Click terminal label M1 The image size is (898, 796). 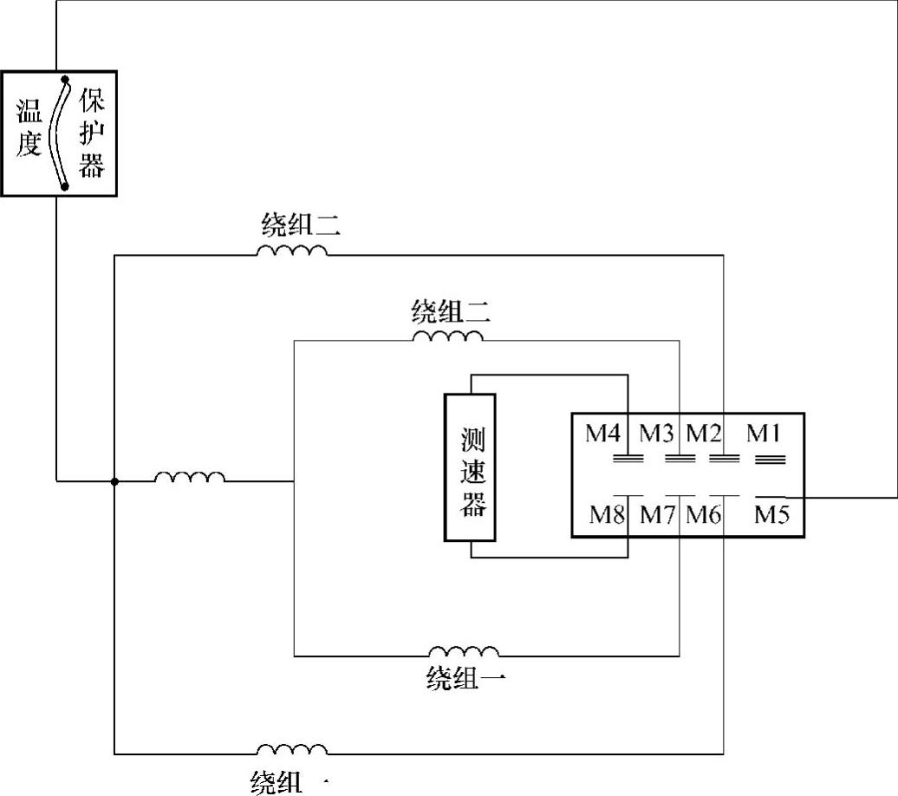click(764, 433)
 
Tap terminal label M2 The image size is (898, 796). click(704, 433)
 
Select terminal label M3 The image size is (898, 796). click(657, 433)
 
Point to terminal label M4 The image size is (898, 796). click(605, 433)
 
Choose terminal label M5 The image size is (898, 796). click(771, 515)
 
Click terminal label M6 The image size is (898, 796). click(703, 515)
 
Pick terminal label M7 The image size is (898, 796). click(657, 515)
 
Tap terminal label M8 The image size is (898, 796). click(608, 515)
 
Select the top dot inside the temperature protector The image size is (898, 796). click(65, 80)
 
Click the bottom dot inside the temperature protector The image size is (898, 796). click(65, 185)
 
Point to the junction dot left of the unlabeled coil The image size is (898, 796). click(114, 480)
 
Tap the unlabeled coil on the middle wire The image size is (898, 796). click(190, 477)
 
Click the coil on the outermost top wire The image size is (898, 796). click(292, 251)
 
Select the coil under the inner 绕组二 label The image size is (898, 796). click(447, 336)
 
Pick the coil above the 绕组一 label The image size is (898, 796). click(465, 651)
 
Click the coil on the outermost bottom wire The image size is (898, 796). click(292, 749)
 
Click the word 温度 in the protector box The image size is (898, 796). click(29, 127)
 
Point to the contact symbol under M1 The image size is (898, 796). click(765, 460)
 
